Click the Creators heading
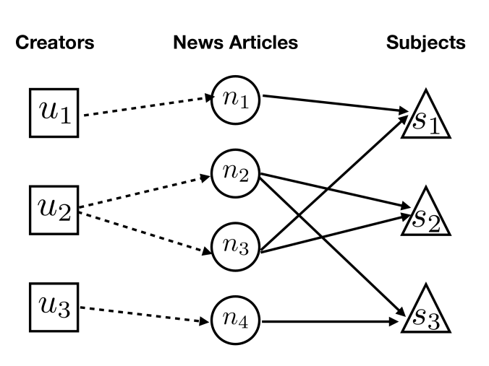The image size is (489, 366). coord(55,43)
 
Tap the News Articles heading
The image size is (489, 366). coord(235,43)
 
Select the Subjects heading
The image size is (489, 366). coord(426,43)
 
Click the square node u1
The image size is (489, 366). coord(54,113)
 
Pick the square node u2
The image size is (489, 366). coord(54,210)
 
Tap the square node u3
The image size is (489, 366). coord(54,308)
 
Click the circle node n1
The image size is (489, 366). coord(235,100)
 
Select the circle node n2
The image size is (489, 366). coord(235,173)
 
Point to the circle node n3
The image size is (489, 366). coord(235,247)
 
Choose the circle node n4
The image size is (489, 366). coord(235,321)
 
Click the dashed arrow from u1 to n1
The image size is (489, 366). coord(149,106)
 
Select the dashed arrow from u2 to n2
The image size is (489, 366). coord(145,191)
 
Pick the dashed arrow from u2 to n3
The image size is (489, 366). coord(145,232)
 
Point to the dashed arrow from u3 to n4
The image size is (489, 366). coord(145,315)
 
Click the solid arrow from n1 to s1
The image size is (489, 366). coord(336,103)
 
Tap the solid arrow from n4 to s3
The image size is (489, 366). coord(331,321)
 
